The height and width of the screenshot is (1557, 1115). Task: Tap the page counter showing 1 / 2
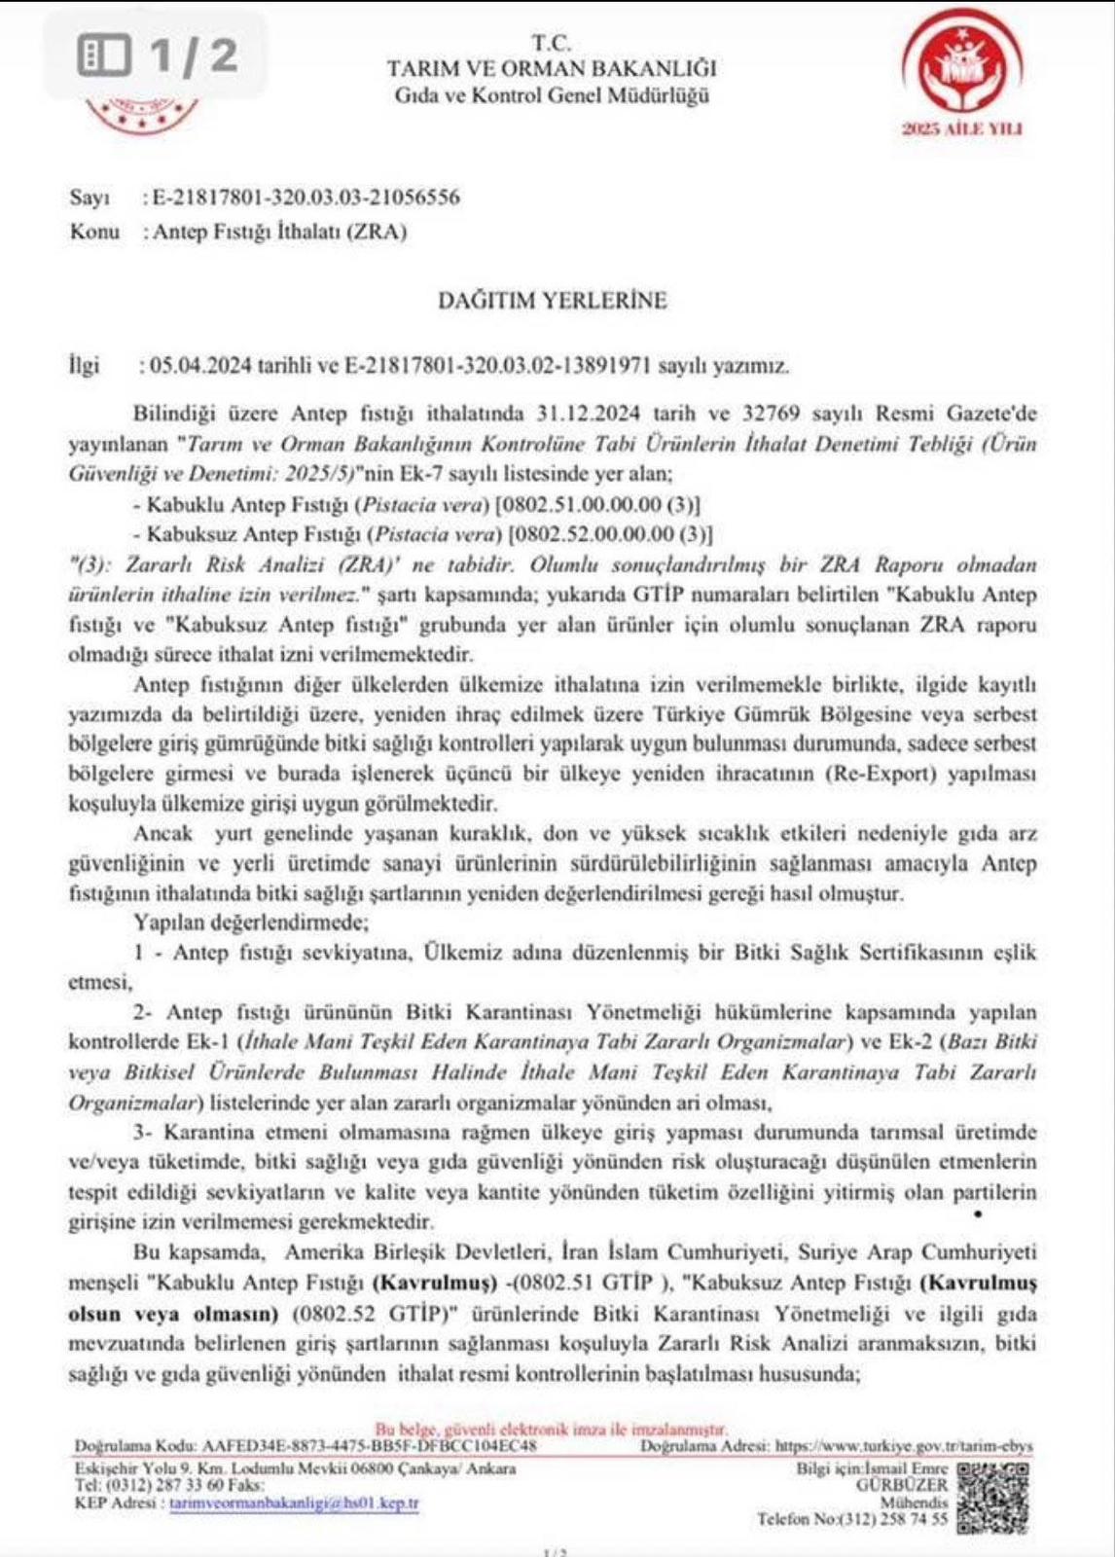point(158,54)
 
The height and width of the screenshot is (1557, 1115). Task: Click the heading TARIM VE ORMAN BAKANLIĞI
point(552,69)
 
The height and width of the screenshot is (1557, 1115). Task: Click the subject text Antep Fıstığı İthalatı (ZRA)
point(280,232)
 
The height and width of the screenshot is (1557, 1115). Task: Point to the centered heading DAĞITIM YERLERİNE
point(553,300)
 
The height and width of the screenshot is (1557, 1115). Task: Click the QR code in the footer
point(992,1497)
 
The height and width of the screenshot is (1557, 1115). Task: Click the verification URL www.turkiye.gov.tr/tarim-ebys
point(904,1447)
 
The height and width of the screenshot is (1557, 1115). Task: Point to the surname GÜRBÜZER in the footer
point(901,1485)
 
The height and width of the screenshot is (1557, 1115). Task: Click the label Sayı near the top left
point(90,198)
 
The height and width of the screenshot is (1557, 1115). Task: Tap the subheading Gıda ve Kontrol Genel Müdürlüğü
point(552,95)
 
